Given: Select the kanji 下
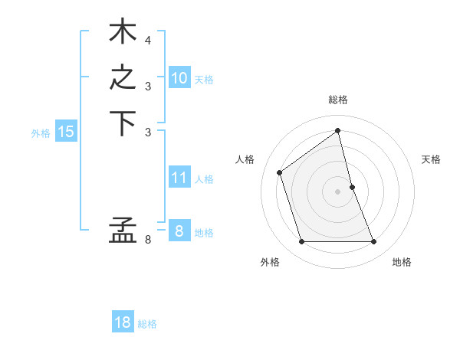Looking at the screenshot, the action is (123, 123).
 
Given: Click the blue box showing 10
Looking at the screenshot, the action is (179, 78).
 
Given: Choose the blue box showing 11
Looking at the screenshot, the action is (179, 178).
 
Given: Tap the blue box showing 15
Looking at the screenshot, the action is (66, 132).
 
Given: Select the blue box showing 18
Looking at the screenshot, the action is (123, 322).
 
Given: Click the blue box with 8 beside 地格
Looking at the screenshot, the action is (179, 231).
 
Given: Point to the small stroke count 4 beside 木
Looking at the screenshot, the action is (148, 40).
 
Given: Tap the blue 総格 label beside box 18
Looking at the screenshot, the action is (147, 324).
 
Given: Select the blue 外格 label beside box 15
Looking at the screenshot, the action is (41, 133).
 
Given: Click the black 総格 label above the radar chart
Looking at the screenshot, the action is (338, 100).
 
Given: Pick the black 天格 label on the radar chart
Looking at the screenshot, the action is (431, 159).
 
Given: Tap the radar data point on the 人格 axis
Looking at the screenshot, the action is (280, 172).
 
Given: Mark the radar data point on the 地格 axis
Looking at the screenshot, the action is (374, 242).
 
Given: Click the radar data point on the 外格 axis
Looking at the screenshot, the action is (301, 242).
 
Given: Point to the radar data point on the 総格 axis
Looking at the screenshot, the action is (338, 130).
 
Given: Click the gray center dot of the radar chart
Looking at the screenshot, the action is (338, 191).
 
